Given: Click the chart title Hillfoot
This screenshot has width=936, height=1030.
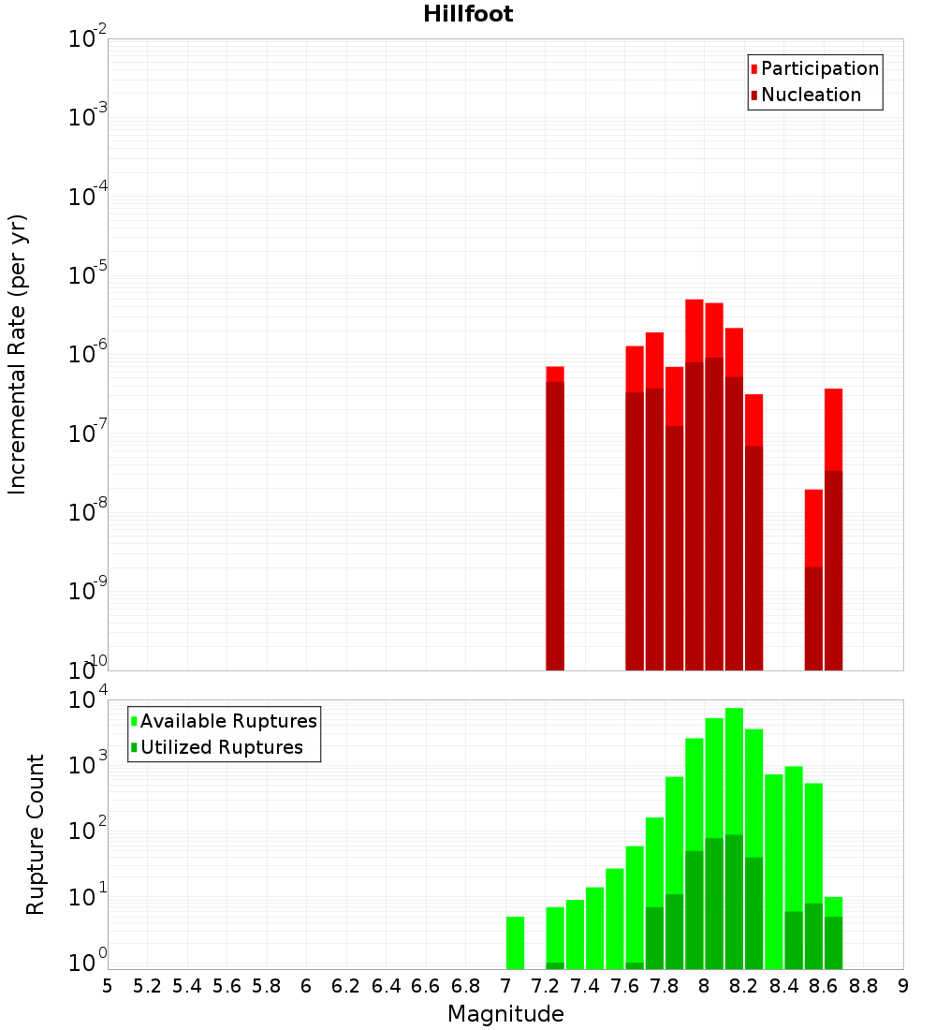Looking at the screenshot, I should [x=468, y=15].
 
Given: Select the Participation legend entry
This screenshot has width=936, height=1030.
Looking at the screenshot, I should [x=819, y=69].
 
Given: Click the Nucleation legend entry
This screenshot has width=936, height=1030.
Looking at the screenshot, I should [x=811, y=96].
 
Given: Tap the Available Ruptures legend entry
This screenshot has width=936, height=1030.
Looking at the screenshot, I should [x=227, y=721].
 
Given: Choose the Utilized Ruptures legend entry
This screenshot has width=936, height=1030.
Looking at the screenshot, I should [x=221, y=747].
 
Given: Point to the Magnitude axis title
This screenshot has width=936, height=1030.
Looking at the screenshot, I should [x=505, y=1014].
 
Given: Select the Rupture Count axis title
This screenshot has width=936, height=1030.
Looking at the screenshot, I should [x=36, y=834].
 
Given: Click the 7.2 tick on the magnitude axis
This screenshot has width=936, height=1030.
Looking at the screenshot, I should [x=545, y=986].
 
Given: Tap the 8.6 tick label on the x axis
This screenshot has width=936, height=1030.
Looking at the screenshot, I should [x=824, y=986].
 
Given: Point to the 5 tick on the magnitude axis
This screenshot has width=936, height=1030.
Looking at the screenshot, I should [x=108, y=986].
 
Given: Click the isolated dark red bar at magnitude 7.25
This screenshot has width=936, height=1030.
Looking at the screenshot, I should [x=555, y=524].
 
